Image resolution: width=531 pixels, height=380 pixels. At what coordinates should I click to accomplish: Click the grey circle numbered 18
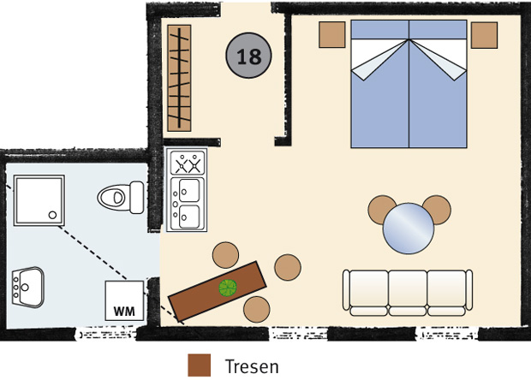[248, 56]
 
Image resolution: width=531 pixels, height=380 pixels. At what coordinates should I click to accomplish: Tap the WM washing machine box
[124, 300]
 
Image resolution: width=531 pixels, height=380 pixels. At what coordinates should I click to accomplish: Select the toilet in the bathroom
[121, 198]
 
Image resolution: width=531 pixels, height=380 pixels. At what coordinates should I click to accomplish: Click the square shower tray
[39, 200]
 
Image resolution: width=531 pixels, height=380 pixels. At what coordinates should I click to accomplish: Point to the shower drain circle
[52, 215]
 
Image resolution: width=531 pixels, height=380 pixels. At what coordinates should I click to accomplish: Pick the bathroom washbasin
[27, 288]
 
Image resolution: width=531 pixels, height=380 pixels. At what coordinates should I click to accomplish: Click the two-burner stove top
[188, 163]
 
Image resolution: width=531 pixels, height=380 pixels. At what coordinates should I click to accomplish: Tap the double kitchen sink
[188, 204]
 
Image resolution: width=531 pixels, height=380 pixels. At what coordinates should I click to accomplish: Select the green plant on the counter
[228, 288]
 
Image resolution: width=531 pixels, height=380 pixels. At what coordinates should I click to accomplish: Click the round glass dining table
[409, 229]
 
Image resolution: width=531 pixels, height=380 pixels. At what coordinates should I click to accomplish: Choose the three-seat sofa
[408, 293]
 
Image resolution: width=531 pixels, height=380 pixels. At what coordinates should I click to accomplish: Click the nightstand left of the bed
[332, 34]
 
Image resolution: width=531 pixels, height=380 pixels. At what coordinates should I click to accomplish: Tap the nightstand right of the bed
[484, 35]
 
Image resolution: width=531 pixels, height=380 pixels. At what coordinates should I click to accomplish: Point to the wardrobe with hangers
[179, 78]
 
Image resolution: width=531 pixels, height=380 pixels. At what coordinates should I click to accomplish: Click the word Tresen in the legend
[252, 366]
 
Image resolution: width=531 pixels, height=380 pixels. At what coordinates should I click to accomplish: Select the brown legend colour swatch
[199, 365]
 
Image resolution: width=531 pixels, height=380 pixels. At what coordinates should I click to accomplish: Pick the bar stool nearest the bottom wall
[257, 309]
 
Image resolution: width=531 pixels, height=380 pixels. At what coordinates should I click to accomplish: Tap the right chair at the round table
[438, 209]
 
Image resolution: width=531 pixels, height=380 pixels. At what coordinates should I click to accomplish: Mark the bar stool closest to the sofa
[288, 267]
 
